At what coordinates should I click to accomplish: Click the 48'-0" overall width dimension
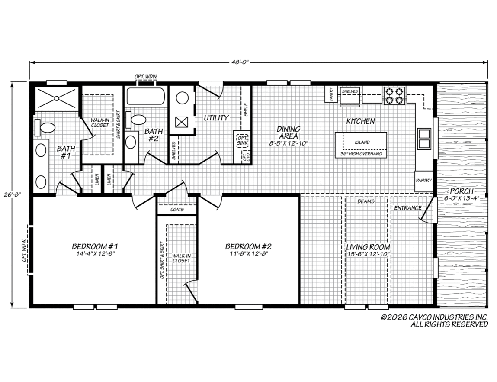coord(239,62)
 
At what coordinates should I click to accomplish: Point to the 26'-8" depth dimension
coord(12,194)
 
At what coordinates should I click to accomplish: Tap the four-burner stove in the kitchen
coord(394,96)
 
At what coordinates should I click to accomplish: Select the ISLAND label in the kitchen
coord(362,142)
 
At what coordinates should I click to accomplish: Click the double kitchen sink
coord(424,139)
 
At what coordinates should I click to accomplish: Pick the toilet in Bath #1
coord(45,127)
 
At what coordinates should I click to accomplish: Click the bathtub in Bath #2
coord(146,97)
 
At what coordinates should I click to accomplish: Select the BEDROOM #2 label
coord(248,246)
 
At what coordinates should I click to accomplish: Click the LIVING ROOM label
coord(368,247)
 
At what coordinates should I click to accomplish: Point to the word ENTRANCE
coord(407,208)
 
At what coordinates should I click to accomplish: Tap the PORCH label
coord(462,191)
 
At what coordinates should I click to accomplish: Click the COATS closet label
coord(177,210)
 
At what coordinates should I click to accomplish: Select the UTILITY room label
coord(216,118)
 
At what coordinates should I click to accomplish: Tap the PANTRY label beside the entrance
coord(424,180)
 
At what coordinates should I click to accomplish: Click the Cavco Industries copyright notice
coord(434,321)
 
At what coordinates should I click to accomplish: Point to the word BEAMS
coord(366,201)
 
